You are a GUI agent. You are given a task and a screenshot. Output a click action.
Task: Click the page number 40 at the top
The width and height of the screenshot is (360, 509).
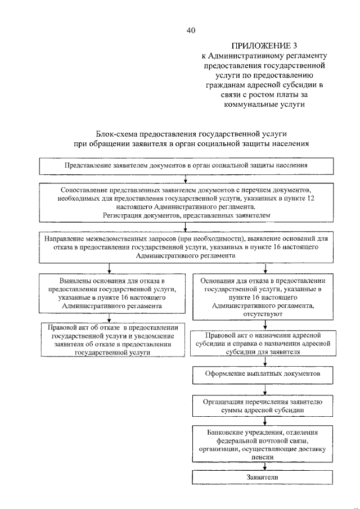click(x=191, y=31)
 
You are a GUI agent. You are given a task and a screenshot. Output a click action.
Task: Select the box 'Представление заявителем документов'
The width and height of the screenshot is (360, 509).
click(x=186, y=166)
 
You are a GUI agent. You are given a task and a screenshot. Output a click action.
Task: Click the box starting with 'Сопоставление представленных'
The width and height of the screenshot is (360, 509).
click(x=186, y=202)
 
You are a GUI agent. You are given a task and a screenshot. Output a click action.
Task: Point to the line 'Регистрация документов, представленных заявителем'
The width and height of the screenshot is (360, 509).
click(x=186, y=215)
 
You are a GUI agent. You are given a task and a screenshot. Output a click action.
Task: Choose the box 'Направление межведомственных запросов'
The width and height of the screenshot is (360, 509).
click(x=186, y=246)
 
